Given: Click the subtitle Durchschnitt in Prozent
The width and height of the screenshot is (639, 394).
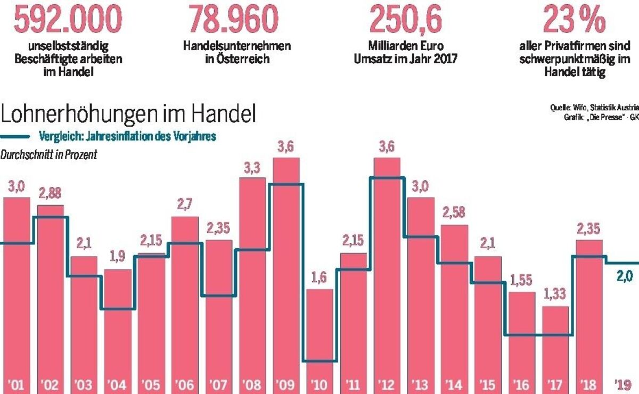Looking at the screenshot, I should (49, 155).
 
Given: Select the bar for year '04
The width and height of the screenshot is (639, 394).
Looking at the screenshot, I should (117, 325).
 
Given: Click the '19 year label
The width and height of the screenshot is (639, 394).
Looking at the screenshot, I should (622, 383).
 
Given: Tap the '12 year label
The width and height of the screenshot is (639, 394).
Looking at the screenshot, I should (387, 383).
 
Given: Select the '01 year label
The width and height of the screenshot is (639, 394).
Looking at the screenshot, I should (17, 383).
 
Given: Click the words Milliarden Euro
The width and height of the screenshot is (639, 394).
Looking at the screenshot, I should (406, 46).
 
